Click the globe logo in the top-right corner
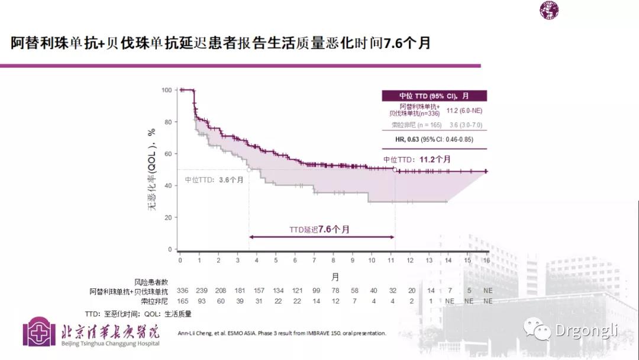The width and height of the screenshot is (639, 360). [x=548, y=10]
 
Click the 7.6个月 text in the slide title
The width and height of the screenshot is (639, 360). [x=407, y=43]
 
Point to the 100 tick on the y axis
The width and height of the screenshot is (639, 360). [x=167, y=90]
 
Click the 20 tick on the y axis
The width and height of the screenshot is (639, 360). [x=168, y=218]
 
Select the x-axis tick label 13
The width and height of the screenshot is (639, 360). [x=430, y=261]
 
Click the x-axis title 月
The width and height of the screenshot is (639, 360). [x=335, y=277]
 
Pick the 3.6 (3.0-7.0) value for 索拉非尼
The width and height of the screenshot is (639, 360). [x=467, y=125]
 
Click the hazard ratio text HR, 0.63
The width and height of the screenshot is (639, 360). [x=408, y=140]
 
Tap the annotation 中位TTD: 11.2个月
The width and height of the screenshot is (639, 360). [x=417, y=159]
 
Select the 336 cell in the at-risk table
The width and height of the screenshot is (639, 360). [x=182, y=291]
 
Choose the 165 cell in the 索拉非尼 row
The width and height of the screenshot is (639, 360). [x=182, y=301]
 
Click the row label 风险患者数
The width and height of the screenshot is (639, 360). [x=151, y=282]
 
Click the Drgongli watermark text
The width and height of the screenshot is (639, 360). [x=586, y=330]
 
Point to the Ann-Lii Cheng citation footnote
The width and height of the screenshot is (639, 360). [x=282, y=333]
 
